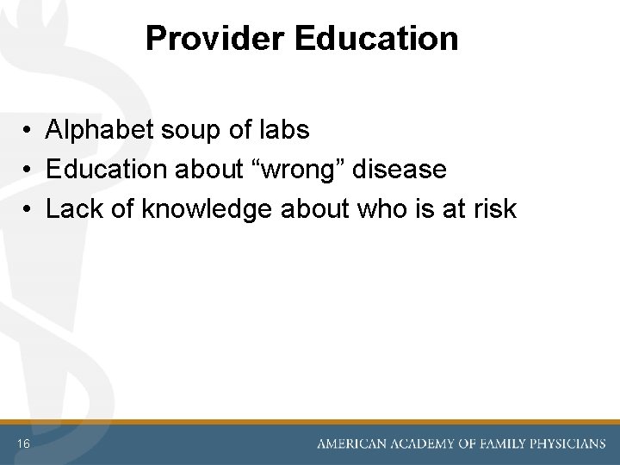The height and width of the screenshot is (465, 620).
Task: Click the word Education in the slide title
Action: tap(376, 39)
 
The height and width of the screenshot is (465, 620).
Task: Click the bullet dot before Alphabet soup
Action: tap(29, 131)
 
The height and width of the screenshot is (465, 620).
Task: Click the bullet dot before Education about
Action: tap(29, 170)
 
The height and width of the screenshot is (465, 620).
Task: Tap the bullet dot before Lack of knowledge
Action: tap(29, 209)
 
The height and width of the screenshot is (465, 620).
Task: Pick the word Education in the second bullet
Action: tap(108, 170)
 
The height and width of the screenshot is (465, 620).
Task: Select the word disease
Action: tap(401, 170)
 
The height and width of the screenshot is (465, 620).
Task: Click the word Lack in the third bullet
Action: tap(75, 208)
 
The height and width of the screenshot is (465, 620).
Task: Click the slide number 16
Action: tap(23, 443)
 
